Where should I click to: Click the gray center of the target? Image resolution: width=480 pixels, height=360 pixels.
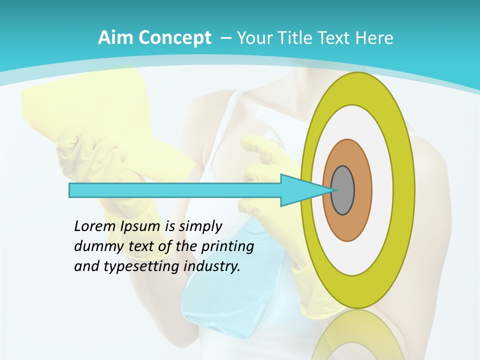point(342,190)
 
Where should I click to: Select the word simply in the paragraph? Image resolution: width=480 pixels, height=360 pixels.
point(200,226)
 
